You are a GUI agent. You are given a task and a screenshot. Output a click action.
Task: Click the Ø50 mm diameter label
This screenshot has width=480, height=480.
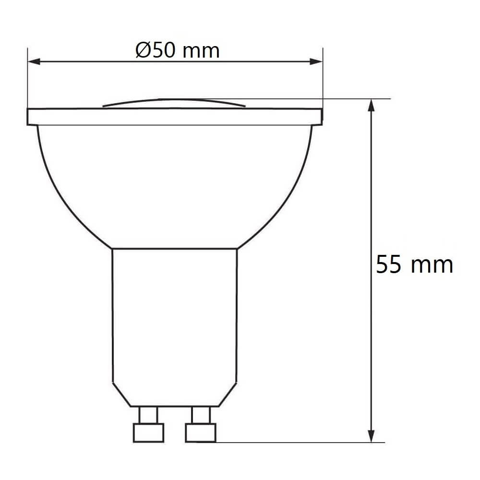(x=178, y=50)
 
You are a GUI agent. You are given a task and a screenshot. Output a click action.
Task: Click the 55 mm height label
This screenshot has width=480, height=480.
(x=414, y=264)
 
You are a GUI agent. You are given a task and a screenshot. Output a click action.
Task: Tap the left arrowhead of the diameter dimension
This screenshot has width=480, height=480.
(x=34, y=61)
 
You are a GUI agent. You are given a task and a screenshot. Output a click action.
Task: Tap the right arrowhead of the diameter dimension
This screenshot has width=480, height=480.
(x=316, y=61)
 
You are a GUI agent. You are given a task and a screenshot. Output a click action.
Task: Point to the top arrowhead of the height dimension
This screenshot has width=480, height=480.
(x=371, y=105)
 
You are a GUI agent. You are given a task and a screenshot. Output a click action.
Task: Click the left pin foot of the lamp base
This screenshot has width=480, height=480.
(x=148, y=433)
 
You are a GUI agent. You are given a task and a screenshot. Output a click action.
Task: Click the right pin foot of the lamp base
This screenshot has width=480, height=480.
(x=201, y=433)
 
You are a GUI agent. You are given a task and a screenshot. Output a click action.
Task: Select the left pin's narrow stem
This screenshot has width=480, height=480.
(x=148, y=415)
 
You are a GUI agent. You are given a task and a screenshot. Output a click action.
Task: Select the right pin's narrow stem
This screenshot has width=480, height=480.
(x=201, y=415)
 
